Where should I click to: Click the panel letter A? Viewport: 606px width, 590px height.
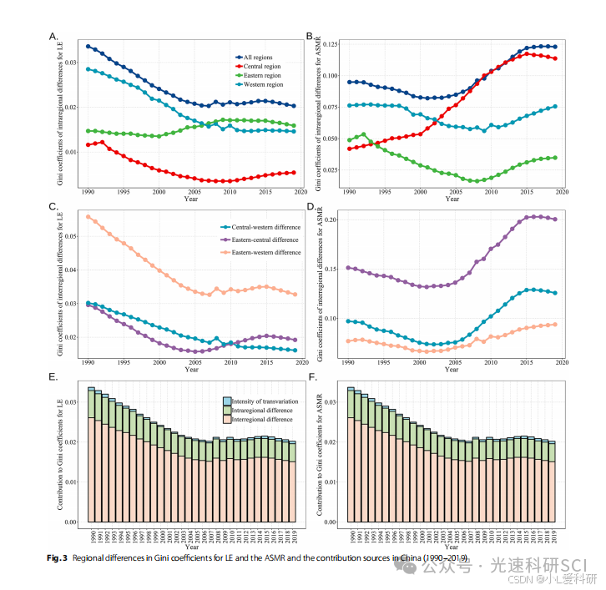pyautogui.click(x=53, y=37)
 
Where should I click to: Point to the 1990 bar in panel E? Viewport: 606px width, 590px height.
pyautogui.click(x=91, y=455)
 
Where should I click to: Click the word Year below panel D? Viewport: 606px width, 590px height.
pyautogui.click(x=452, y=371)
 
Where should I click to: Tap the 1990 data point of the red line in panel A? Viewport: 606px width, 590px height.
pyautogui.click(x=88, y=145)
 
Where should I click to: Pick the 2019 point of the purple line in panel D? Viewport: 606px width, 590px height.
pyautogui.click(x=555, y=219)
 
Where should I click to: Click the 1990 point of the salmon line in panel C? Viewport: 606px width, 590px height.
pyautogui.click(x=88, y=217)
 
